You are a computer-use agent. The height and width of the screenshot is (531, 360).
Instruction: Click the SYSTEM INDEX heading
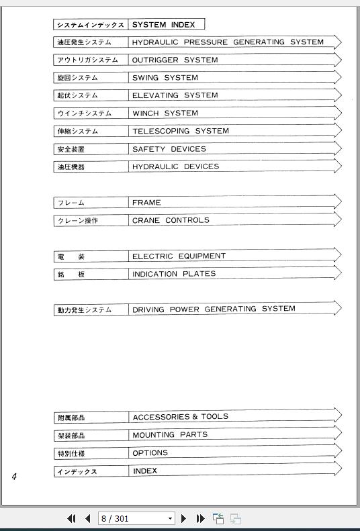(163, 25)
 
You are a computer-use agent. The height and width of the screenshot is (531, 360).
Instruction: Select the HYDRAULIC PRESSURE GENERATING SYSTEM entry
(228, 42)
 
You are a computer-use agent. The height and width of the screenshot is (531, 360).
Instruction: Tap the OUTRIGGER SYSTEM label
(175, 60)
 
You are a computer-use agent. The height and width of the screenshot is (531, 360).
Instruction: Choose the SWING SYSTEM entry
(165, 78)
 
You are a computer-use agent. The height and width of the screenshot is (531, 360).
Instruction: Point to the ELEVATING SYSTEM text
(175, 95)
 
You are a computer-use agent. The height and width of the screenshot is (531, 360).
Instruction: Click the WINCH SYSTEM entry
(165, 113)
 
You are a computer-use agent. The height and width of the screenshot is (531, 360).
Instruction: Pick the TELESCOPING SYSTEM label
(180, 131)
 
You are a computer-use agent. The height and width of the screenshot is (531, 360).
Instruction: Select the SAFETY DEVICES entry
(169, 149)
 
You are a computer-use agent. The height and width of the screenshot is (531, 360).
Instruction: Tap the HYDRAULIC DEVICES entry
(175, 166)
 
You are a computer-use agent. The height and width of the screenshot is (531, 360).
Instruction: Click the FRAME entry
(146, 202)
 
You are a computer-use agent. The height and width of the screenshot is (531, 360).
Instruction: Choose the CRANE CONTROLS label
(171, 220)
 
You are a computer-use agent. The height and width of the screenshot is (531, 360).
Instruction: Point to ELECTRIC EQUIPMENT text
(179, 256)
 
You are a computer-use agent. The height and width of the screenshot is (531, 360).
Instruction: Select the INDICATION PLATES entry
(174, 274)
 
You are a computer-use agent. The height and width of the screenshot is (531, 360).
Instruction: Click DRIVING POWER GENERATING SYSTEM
(214, 309)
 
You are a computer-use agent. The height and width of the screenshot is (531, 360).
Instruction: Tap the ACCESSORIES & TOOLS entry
(180, 417)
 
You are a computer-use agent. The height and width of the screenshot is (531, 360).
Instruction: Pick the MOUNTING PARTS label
(170, 435)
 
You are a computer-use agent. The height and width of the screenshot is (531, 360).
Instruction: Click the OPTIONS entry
(150, 453)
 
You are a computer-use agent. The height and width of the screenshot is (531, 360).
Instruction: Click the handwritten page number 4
(14, 477)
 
